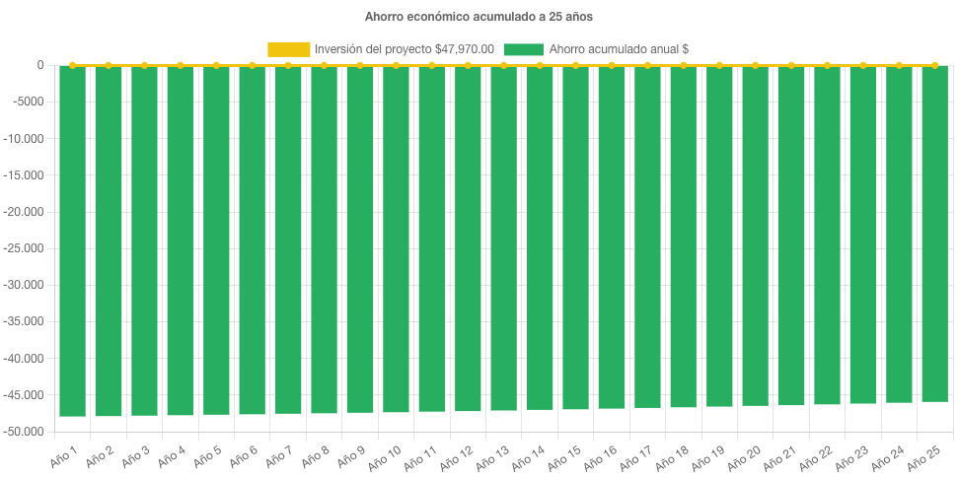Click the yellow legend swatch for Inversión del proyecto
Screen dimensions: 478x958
tap(288, 49)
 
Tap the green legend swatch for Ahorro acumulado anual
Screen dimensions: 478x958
tap(523, 49)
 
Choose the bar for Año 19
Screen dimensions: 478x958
tap(719, 237)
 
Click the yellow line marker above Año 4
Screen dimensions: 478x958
tap(180, 65)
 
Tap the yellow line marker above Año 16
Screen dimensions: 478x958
tap(612, 65)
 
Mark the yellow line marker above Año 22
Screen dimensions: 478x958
tap(828, 65)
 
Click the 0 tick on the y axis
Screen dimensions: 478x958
tap(40, 65)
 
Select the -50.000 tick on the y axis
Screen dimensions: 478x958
tap(25, 432)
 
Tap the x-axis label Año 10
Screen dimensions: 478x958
tap(384, 455)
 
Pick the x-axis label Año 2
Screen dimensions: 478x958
tap(99, 455)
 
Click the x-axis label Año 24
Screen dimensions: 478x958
tap(887, 455)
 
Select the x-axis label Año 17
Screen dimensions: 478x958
tap(635, 455)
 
